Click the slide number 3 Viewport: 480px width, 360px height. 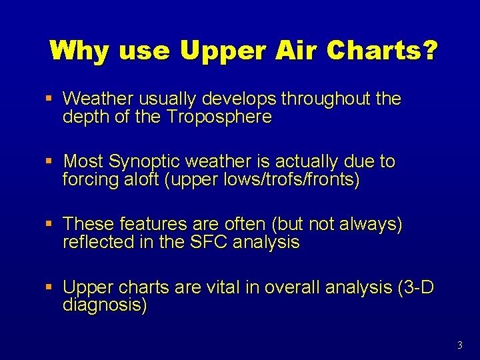click(x=460, y=345)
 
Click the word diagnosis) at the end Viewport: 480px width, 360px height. click(x=105, y=306)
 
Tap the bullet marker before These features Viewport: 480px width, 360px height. click(x=49, y=225)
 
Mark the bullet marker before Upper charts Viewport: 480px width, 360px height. click(x=49, y=288)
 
